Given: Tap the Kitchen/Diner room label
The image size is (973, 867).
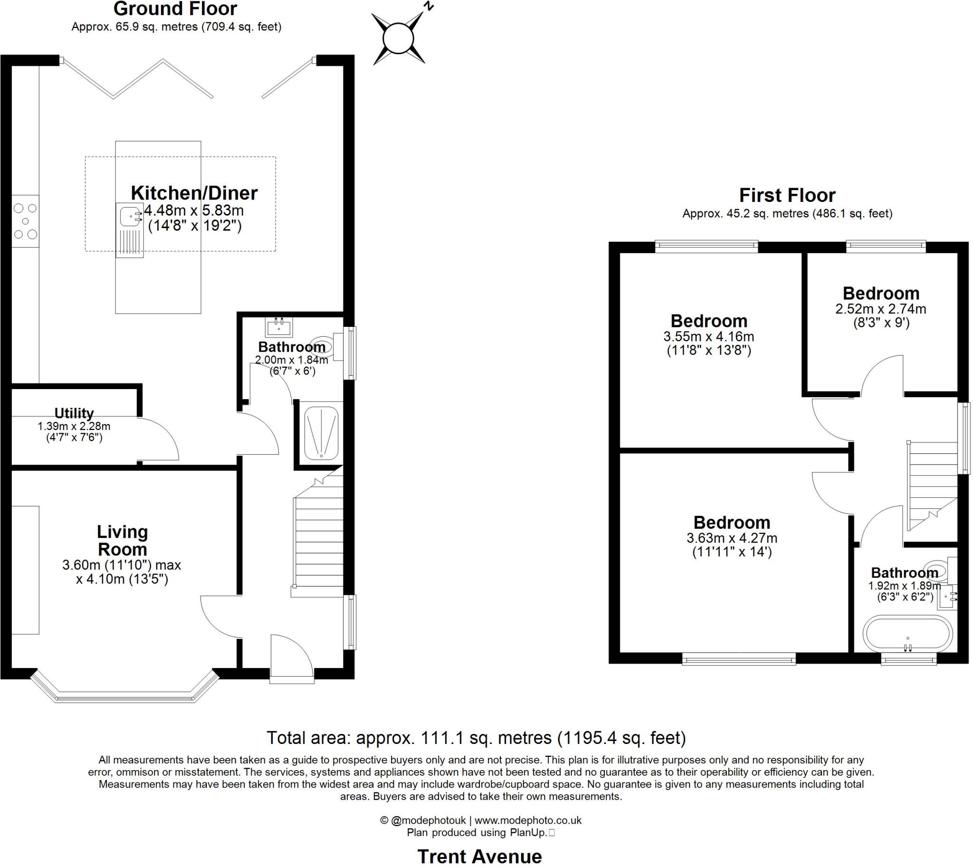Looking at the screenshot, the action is point(194,193).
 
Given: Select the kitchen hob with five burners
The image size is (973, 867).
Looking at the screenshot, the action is point(25,221).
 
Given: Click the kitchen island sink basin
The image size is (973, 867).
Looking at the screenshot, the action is point(130,216).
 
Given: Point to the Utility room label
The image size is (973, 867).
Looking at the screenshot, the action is point(74,413).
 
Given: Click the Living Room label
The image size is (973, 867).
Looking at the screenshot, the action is point(123,540).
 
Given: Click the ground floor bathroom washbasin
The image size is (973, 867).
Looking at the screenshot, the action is point(279,327).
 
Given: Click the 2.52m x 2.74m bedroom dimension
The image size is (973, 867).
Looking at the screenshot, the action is point(880,309).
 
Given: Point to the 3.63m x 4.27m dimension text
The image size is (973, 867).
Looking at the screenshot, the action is point(732,538).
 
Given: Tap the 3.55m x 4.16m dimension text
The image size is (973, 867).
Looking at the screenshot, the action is point(708,337).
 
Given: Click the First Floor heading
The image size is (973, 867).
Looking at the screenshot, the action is point(787,195).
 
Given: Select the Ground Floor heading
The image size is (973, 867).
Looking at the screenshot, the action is point(175,9).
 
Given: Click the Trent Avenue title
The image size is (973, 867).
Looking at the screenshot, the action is point(480,857).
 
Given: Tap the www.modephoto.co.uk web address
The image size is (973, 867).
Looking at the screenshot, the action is point(528,820).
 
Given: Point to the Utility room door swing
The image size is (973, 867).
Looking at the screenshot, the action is point(160,439).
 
